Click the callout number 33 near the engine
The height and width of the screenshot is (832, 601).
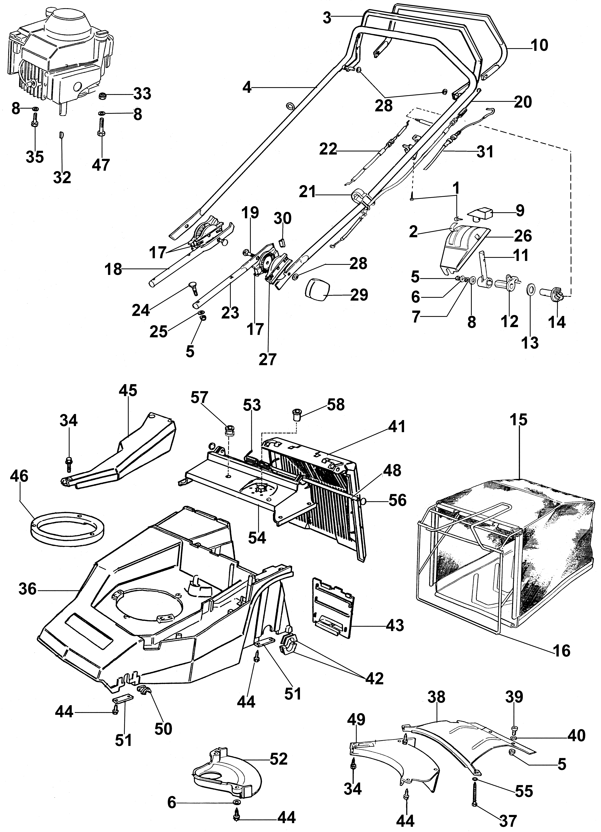[x=142, y=94]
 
